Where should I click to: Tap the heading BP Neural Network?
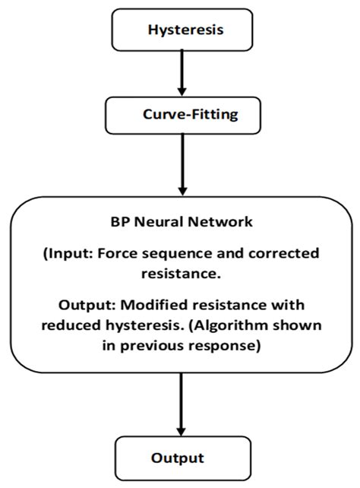coord(180,225)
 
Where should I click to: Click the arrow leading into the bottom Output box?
coord(181,403)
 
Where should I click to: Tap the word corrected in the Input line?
coord(287,253)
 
